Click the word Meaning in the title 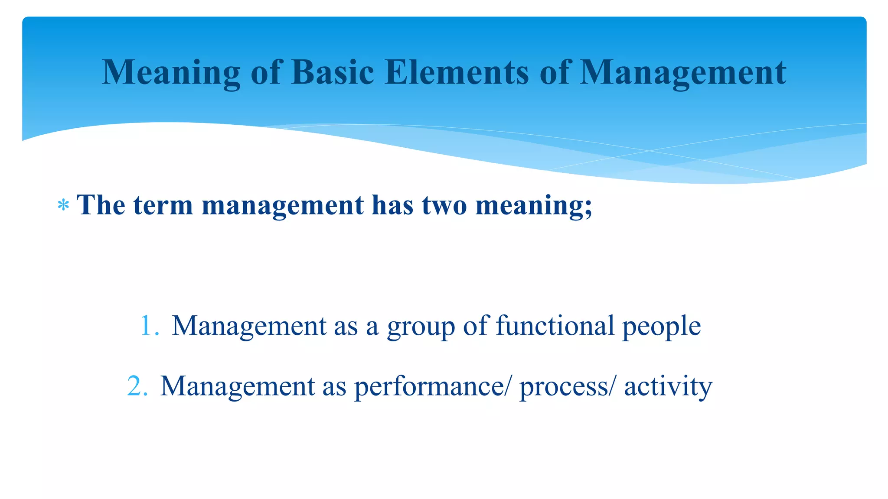(x=171, y=72)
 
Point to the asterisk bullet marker (x=63, y=205)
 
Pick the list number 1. (x=149, y=326)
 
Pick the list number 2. (x=137, y=386)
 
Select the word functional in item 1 (x=555, y=325)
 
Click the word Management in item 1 (x=249, y=326)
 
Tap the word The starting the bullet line (x=101, y=204)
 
